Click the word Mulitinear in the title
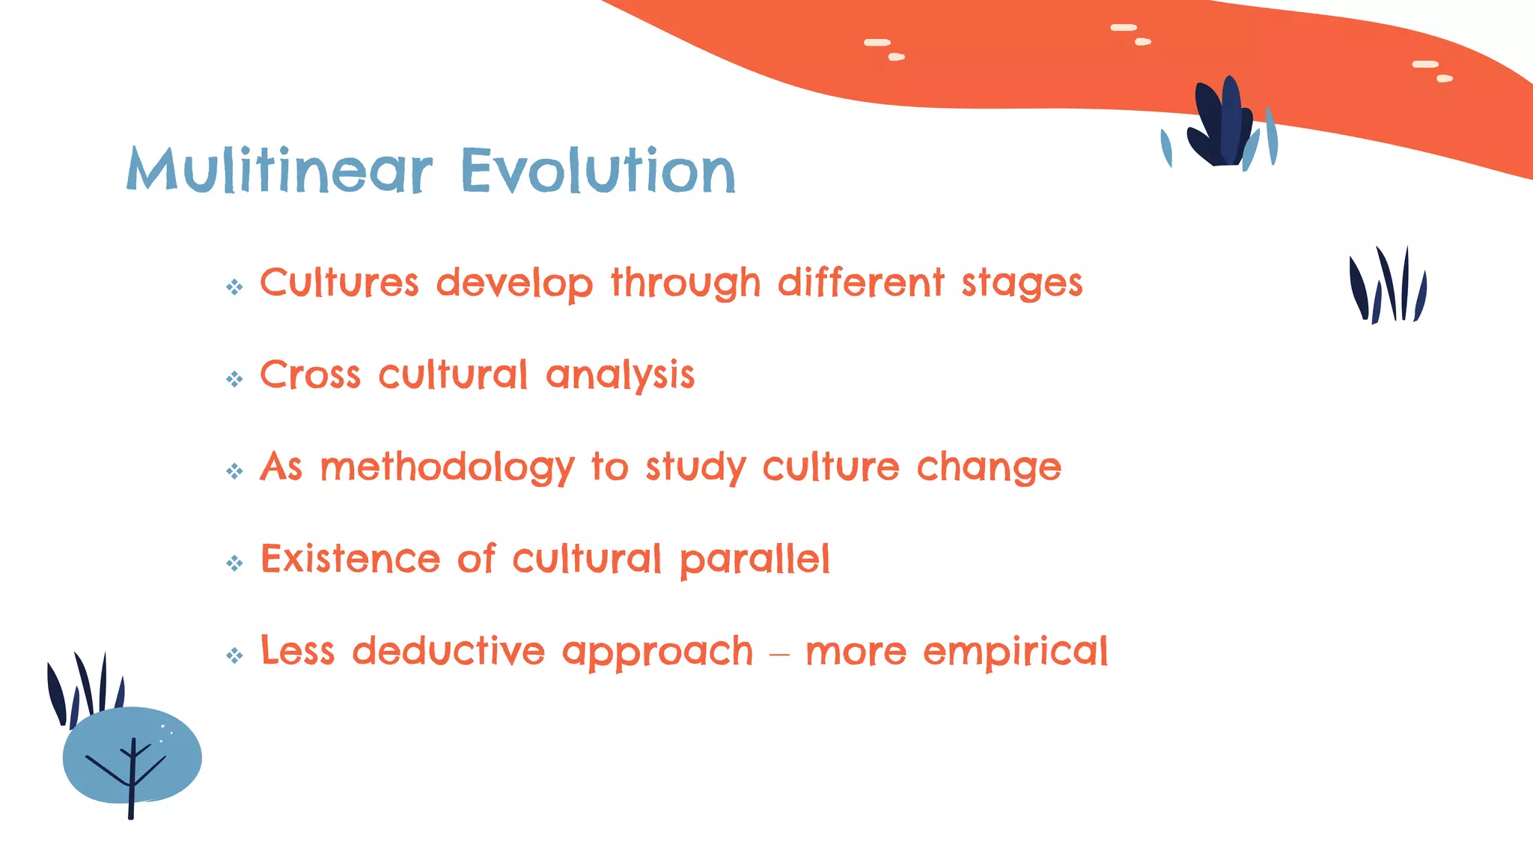(x=280, y=171)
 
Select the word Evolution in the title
(x=598, y=171)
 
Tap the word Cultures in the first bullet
(x=339, y=283)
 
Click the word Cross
(x=310, y=375)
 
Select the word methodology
(x=447, y=468)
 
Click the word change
(x=989, y=468)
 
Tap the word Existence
(x=350, y=560)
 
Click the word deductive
(x=448, y=651)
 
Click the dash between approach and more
(x=779, y=654)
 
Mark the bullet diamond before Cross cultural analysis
(x=234, y=379)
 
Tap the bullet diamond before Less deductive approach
(x=234, y=655)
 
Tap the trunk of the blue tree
(x=131, y=794)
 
